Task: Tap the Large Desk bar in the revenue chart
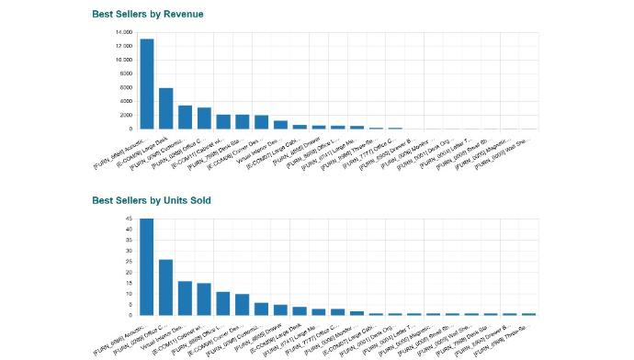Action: [x=166, y=108]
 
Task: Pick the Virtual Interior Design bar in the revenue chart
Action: [x=281, y=125]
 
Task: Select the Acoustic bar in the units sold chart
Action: [x=147, y=267]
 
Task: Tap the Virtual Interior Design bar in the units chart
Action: [x=185, y=298]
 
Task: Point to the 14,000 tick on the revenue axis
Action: [x=122, y=32]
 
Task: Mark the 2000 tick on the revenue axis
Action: [x=124, y=115]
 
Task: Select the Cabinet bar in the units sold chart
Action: [x=204, y=298]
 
